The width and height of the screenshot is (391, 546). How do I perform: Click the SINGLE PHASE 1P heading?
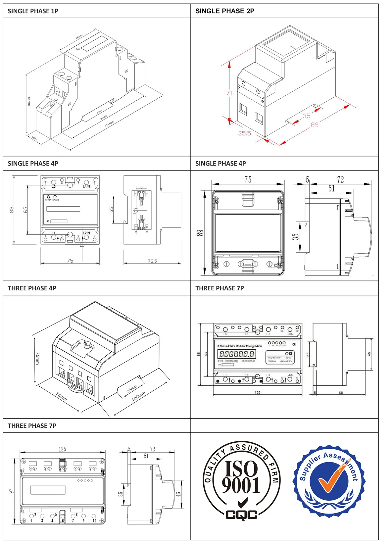[33, 11]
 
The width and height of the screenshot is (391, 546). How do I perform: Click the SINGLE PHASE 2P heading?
[225, 11]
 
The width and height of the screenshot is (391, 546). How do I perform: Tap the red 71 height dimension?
[229, 93]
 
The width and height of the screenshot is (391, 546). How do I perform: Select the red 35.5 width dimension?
[244, 133]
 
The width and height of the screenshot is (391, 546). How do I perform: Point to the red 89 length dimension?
[315, 124]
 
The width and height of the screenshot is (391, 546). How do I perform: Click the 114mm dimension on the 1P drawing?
[109, 124]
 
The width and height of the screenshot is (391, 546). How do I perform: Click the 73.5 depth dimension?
[152, 261]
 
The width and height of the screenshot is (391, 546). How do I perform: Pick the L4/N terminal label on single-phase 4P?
[86, 186]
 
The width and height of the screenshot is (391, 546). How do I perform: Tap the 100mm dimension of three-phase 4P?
[138, 396]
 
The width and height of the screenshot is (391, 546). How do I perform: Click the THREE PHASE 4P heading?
[32, 288]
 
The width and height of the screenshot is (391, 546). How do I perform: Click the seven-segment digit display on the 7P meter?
[237, 354]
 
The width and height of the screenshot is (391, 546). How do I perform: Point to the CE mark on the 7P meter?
[294, 344]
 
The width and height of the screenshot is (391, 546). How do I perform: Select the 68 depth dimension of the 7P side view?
[341, 393]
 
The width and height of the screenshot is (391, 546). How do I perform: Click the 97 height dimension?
[11, 491]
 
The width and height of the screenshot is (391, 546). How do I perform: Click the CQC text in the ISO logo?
[241, 515]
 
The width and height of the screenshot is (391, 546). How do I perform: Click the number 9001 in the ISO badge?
[241, 485]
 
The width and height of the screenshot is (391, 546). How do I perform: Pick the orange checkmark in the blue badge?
[331, 478]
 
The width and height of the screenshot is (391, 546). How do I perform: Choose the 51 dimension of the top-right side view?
[331, 188]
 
